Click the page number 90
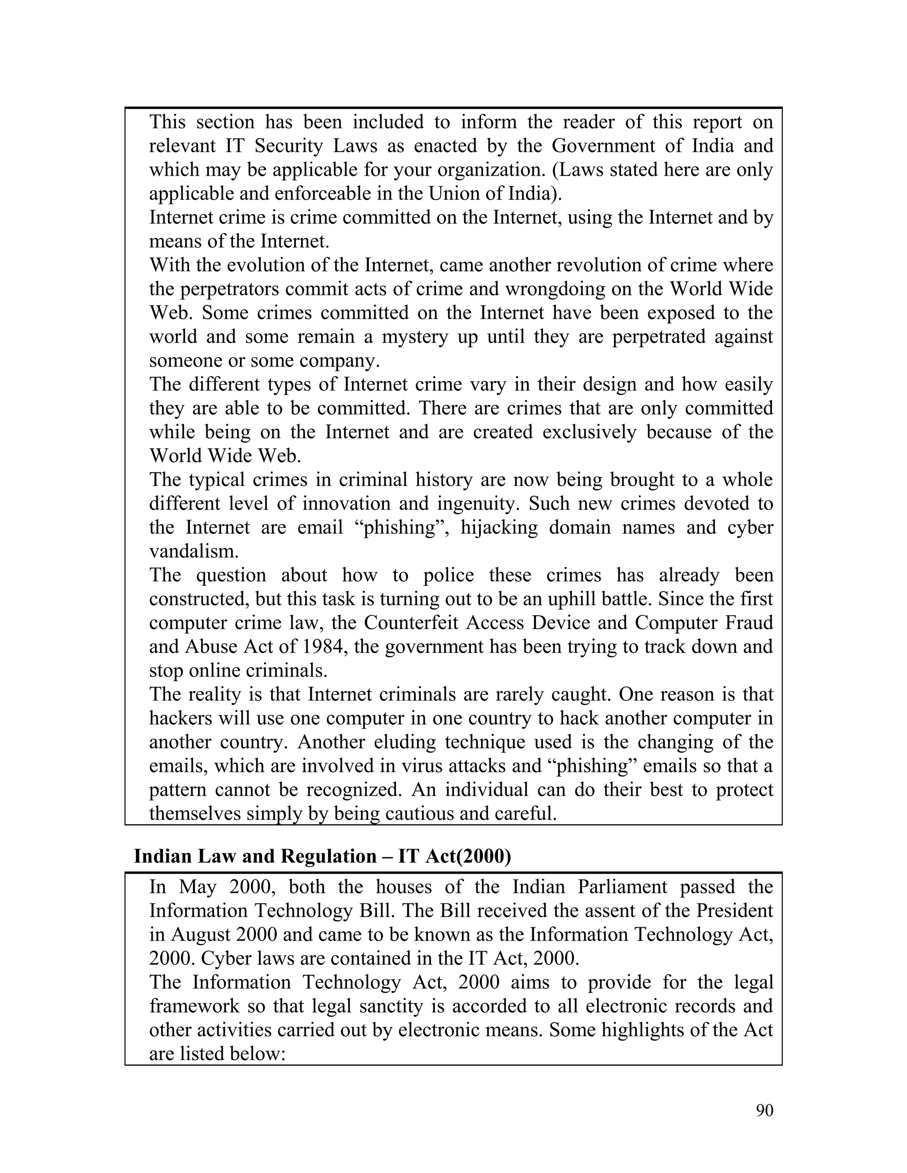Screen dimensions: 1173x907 click(764, 1110)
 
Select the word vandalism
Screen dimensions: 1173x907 click(194, 551)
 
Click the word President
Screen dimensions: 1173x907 click(735, 911)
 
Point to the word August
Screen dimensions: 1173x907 click(201, 934)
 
